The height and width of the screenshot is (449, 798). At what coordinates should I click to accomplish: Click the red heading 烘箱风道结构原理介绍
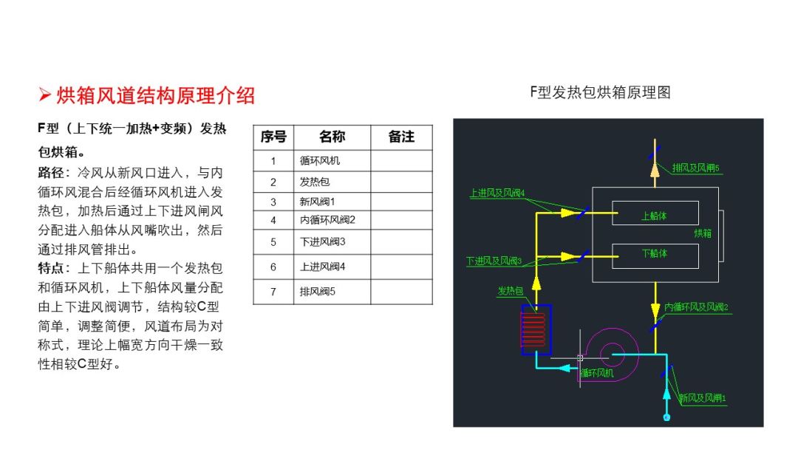coord(155,95)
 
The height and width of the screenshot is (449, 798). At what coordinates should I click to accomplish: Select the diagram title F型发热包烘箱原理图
coord(600,92)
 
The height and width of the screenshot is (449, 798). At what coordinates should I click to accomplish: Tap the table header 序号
coord(273,137)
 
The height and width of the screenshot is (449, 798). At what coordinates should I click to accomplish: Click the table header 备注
coord(401,137)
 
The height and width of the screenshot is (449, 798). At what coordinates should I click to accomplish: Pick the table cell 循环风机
coord(320,161)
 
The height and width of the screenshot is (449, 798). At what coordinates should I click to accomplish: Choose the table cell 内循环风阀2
coord(327,220)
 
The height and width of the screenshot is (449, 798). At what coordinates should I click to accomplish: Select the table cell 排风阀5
coord(318,292)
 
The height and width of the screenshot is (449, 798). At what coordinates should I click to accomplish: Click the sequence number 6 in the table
coord(273,267)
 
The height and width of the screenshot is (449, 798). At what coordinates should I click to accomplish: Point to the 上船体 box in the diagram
coord(655,213)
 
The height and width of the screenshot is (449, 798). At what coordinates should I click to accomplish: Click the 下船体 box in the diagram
coord(655,256)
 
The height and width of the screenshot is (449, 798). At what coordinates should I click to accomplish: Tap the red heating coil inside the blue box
coord(533,329)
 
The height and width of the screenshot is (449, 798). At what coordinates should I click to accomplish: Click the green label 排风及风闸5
coord(695,168)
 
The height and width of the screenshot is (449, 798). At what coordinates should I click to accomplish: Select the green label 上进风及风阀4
coord(497,193)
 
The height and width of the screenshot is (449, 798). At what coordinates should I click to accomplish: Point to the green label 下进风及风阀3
coord(494,261)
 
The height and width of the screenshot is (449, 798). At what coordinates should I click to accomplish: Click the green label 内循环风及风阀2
coord(696,307)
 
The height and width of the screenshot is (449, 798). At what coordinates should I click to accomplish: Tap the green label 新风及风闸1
coord(703,398)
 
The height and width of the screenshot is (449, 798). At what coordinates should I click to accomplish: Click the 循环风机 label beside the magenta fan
coord(597,373)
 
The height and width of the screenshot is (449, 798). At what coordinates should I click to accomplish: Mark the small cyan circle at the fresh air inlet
coord(666,417)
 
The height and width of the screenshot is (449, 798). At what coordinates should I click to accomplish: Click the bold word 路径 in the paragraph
coord(51,173)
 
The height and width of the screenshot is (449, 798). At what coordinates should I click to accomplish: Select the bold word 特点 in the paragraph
coord(51,269)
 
